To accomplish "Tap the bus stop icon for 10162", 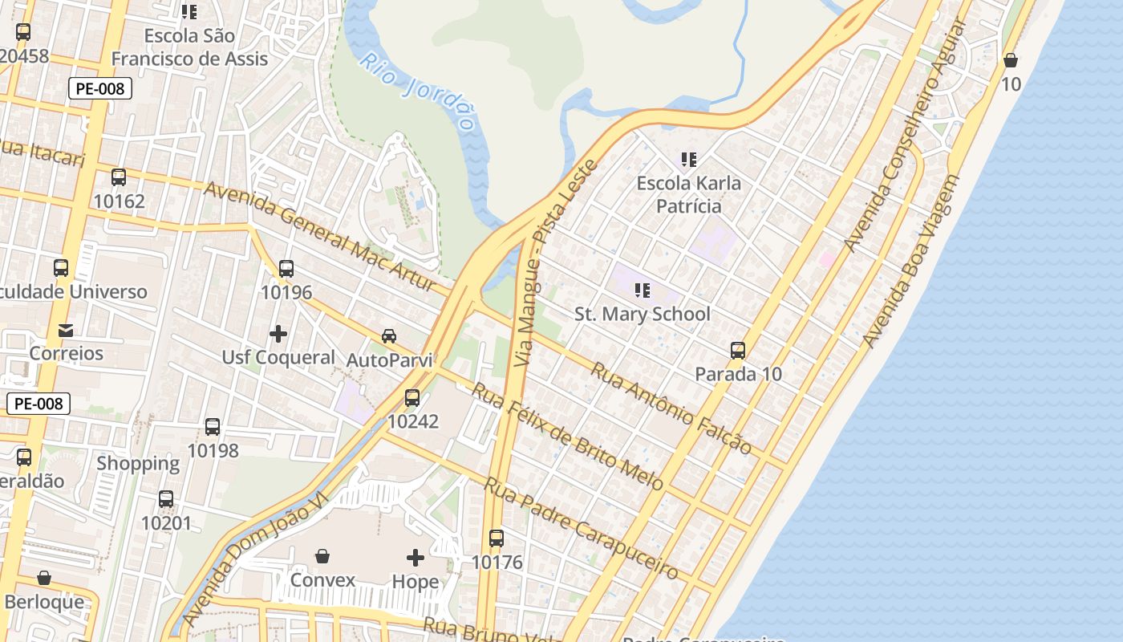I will pos(119,177).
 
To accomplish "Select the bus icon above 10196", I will pos(286,269).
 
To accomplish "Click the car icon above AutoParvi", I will pos(389,336).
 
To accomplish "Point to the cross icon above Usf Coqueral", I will pos(278,333).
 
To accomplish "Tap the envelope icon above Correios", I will pos(66,330).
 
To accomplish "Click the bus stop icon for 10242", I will pos(412,397).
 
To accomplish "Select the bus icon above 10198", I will pos(213,427).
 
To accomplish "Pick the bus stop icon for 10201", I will pos(166,499).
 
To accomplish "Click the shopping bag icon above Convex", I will pos(322,555).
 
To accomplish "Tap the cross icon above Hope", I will pos(416,557).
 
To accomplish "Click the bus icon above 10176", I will pos(497,538).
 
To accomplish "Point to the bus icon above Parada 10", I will pos(738,351).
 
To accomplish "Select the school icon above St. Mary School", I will pos(642,290).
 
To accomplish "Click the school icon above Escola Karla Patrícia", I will pos(688,160).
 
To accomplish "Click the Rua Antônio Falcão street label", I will pos(671,408).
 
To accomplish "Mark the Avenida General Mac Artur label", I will pos(319,236).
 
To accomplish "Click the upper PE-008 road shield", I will pos(100,88).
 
